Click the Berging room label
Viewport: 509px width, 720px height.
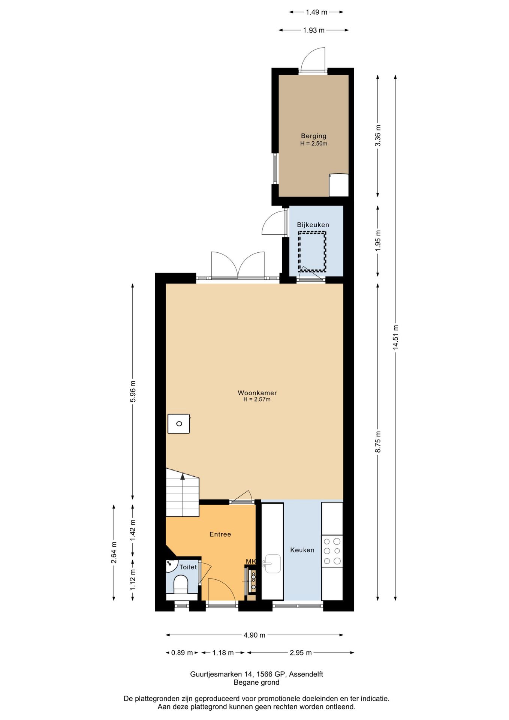click(x=313, y=136)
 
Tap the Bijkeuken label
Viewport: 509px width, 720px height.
click(x=313, y=225)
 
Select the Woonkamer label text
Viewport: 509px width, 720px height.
click(x=257, y=393)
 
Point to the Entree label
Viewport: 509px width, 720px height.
click(x=220, y=534)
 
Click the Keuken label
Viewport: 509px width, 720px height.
click(x=302, y=550)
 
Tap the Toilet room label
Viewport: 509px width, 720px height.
click(x=188, y=567)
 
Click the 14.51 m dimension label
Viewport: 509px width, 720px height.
click(x=395, y=337)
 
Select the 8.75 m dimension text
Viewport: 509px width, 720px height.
click(x=378, y=442)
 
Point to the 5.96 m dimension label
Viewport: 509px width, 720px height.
click(x=133, y=391)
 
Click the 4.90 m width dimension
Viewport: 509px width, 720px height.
click(x=254, y=635)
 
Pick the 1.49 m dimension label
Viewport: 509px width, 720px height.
click(x=316, y=12)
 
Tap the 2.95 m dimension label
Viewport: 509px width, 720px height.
click(x=301, y=652)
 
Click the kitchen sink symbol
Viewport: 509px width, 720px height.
click(x=272, y=564)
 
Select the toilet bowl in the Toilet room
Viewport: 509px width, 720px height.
click(x=181, y=585)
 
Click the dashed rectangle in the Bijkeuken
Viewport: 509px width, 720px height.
click(x=312, y=251)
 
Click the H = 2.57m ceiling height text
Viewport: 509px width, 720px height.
click(x=257, y=399)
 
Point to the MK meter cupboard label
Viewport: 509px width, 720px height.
click(x=251, y=561)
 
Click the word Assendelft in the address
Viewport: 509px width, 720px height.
click(x=306, y=674)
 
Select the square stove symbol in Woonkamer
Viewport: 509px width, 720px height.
click(x=178, y=424)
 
